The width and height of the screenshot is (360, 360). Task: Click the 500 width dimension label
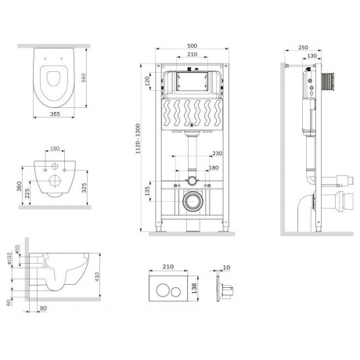[192, 46]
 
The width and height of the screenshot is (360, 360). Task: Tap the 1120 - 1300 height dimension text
[138, 139]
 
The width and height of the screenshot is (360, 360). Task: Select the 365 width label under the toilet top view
[55, 114]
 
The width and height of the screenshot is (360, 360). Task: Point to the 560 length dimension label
[83, 77]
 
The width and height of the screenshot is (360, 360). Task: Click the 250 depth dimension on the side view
[303, 48]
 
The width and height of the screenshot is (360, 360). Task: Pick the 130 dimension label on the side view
[312, 56]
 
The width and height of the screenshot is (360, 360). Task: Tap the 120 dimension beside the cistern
[148, 81]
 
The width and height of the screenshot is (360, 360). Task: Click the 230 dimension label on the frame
[217, 153]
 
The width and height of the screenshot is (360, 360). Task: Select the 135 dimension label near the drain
[147, 191]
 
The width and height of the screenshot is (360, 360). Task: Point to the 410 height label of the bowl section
[97, 276]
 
